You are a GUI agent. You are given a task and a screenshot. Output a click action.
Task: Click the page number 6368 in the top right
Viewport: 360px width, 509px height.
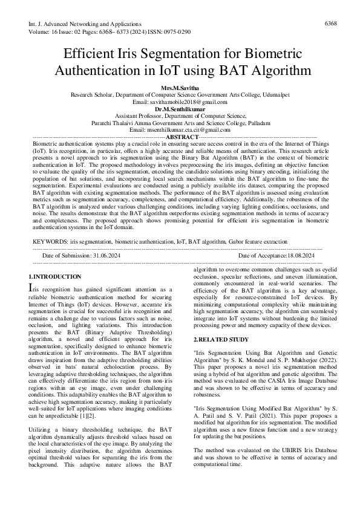pos(331,23)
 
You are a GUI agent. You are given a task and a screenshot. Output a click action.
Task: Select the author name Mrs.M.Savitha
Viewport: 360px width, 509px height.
pos(180,88)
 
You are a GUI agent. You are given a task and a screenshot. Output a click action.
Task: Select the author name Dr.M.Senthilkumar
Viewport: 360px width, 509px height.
pos(180,108)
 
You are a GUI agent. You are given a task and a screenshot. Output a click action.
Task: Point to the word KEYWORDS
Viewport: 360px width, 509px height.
pos(50,258)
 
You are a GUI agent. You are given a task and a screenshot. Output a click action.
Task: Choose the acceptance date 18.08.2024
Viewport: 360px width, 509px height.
pos(292,273)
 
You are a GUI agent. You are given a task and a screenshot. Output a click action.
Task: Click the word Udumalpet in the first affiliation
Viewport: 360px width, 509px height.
pos(276,95)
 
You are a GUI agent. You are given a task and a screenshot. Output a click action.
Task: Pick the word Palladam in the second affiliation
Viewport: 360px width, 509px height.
pos(258,122)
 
